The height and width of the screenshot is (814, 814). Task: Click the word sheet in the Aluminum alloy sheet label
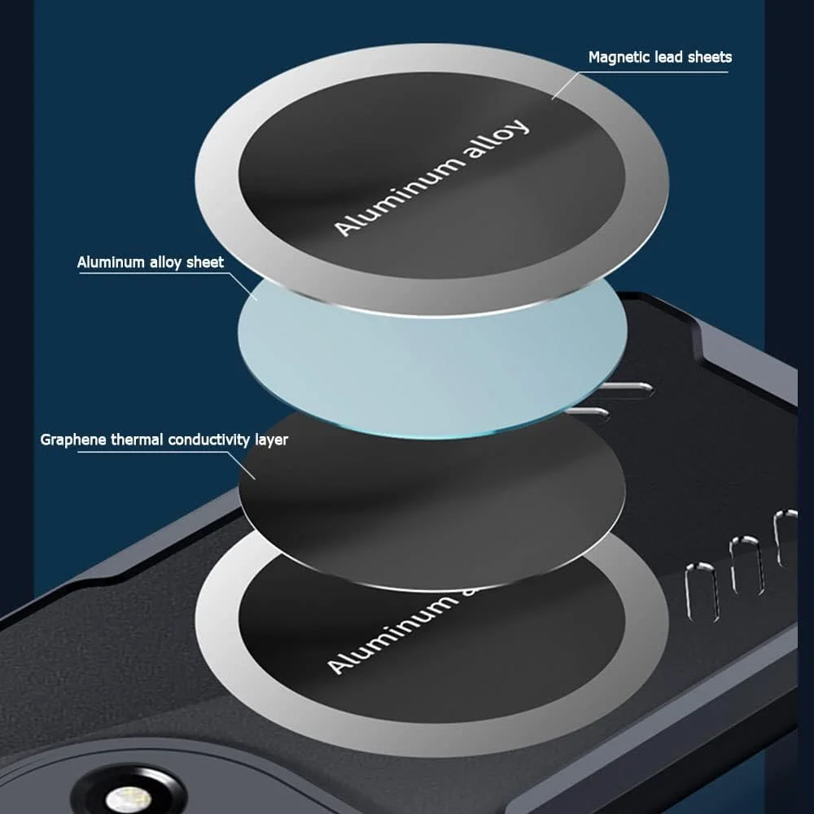205,262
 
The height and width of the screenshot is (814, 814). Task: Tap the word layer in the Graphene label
272,440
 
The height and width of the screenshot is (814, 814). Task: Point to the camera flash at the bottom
128,798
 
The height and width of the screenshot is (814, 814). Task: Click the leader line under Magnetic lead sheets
640,72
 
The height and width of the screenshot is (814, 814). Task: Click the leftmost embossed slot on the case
702,593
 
